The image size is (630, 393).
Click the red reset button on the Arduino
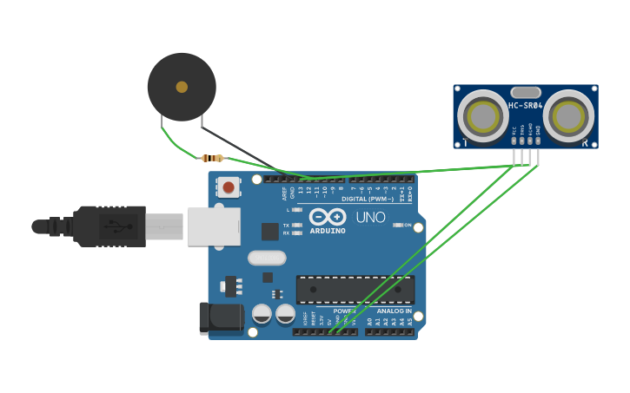pyautogui.click(x=229, y=187)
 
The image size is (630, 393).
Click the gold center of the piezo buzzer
pyautogui.click(x=182, y=87)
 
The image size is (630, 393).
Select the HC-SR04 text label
pyautogui.click(x=526, y=106)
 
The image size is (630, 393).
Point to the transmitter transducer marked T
pyautogui.click(x=480, y=115)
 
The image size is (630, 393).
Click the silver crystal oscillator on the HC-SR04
pyautogui.click(x=526, y=92)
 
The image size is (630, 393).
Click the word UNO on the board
pyautogui.click(x=371, y=217)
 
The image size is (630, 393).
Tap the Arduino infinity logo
pyautogui.click(x=328, y=217)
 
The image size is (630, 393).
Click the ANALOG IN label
pyautogui.click(x=395, y=311)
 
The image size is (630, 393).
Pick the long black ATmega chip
pyautogui.click(x=355, y=290)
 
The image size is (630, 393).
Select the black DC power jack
pyautogui.click(x=222, y=318)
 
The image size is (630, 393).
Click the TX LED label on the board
pyautogui.click(x=286, y=225)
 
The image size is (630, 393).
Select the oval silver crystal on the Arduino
pyautogui.click(x=267, y=258)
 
